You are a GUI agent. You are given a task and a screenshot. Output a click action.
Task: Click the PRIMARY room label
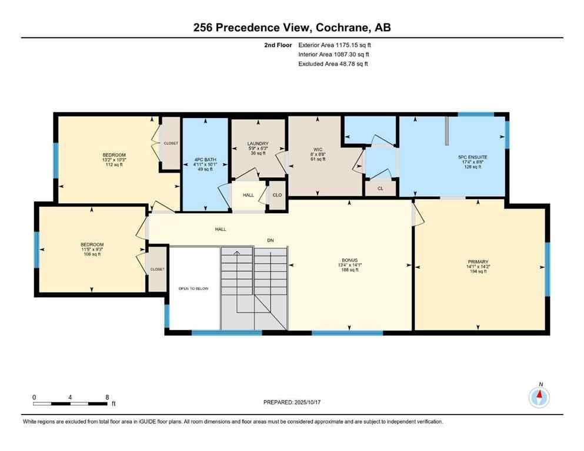(x=478, y=262)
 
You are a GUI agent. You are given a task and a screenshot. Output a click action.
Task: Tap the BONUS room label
(x=350, y=259)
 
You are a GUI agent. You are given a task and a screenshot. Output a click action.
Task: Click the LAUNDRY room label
(x=258, y=144)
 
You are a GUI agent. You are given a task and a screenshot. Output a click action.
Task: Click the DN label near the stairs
(x=271, y=240)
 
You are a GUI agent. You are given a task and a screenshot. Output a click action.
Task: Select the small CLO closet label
(x=277, y=194)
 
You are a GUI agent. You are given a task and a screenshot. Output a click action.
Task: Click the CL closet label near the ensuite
(x=381, y=189)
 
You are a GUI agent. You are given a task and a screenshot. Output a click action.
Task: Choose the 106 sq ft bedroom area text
(x=92, y=254)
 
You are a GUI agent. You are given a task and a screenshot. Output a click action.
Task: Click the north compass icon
(x=539, y=398)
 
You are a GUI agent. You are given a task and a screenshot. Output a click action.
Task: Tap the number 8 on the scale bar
(x=106, y=397)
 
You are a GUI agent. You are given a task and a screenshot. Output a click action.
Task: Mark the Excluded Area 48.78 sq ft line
(x=333, y=64)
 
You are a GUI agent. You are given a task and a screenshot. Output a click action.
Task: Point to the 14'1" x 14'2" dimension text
(x=478, y=267)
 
